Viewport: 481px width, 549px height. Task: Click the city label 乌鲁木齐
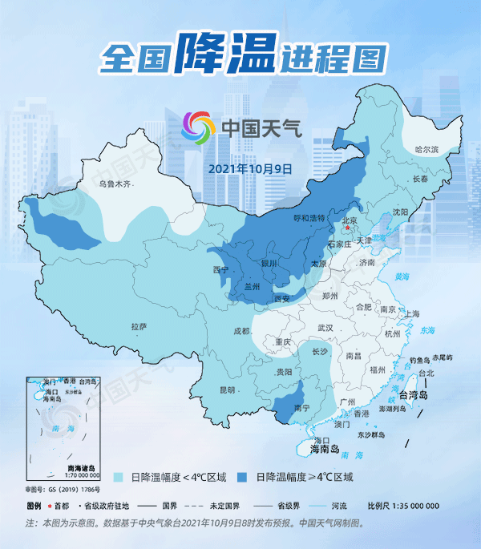coord(114,184)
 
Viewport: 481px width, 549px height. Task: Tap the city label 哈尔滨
coord(427,150)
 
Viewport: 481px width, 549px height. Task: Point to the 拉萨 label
coord(139,326)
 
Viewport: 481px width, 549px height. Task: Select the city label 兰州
coord(253,286)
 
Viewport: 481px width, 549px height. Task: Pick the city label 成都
coord(242,330)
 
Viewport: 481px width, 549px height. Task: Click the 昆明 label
coord(228,390)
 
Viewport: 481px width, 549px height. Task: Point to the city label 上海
coord(414,313)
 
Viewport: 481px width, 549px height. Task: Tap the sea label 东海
coord(426,329)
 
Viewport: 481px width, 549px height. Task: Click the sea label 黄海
coord(402,277)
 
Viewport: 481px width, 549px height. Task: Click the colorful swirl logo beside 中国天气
coord(198,127)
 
